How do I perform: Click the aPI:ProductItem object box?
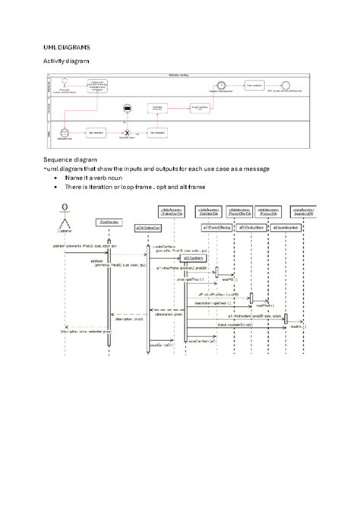click(251, 228)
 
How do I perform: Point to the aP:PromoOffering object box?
click(216, 228)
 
